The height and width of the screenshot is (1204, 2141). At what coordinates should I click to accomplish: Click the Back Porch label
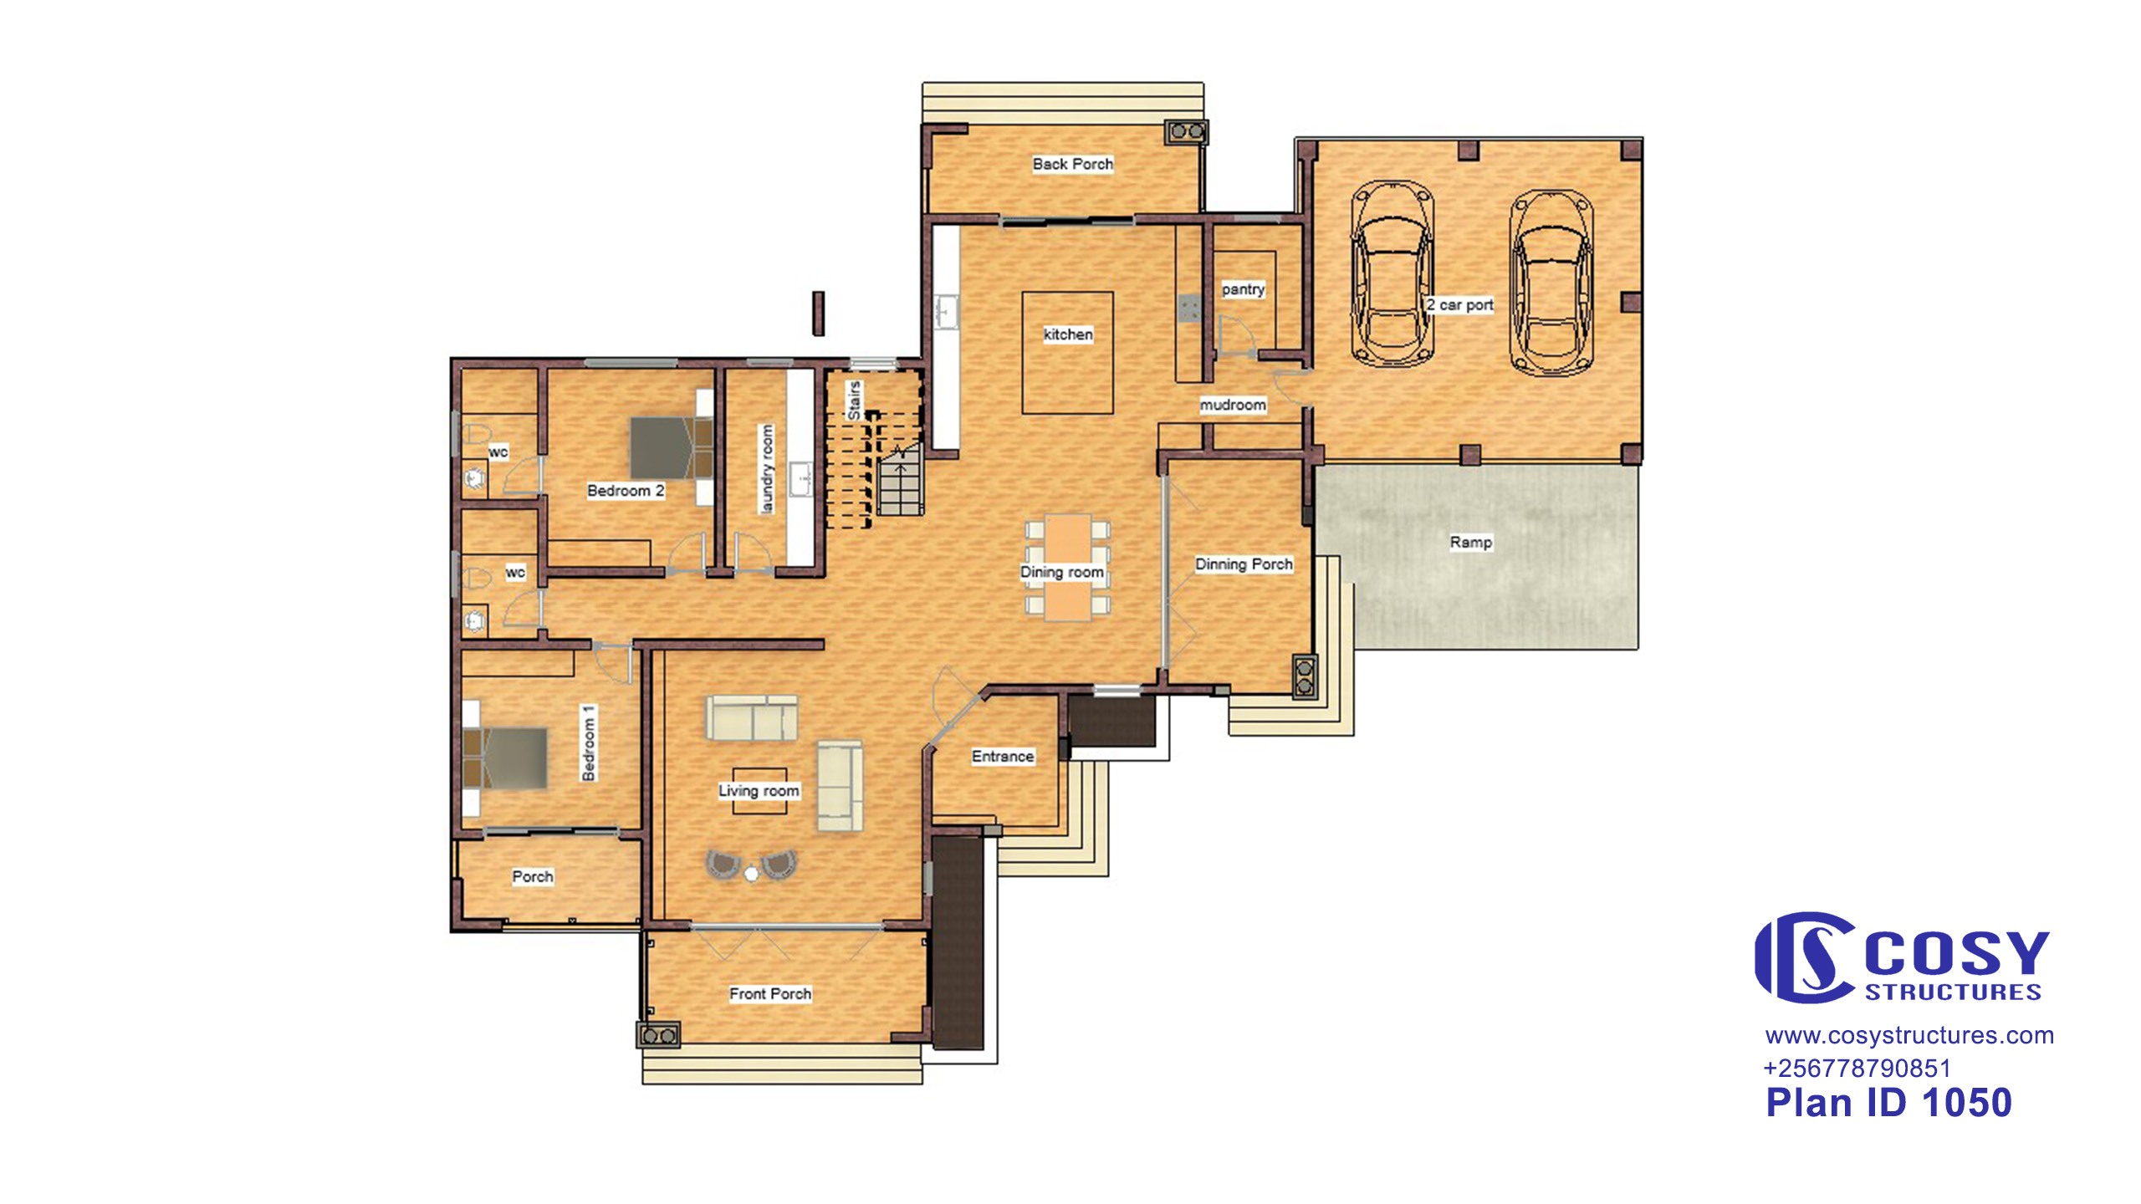coord(1072,164)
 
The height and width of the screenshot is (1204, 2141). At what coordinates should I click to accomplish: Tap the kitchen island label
coord(1068,334)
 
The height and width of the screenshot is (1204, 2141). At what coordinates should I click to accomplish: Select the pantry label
coord(1243,289)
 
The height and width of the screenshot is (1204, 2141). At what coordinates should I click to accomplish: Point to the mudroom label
coord(1233,405)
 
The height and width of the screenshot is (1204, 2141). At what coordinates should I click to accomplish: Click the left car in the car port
coord(1392,274)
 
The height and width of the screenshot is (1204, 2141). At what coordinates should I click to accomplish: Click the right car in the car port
coord(1551,282)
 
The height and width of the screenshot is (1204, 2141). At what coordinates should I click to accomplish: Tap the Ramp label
coord(1471,543)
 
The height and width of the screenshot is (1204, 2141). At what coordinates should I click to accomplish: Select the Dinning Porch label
coord(1244,564)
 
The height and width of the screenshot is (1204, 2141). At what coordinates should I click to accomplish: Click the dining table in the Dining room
coord(1068,567)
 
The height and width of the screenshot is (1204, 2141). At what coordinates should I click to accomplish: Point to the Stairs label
coord(854,400)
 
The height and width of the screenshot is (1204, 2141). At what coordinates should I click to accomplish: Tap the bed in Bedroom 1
coord(505,758)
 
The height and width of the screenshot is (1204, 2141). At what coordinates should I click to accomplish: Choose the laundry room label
coord(767,468)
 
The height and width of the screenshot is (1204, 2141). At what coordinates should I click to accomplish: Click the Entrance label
coord(1003,757)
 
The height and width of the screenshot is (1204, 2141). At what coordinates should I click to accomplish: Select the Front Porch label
coord(770,994)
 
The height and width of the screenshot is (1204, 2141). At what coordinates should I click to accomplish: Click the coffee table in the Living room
coord(759,791)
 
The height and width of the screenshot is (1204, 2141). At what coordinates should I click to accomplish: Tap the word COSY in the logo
coord(1957,953)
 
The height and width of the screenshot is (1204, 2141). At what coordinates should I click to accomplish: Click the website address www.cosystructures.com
coord(1909,1036)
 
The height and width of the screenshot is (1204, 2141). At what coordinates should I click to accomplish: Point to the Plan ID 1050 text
coord(1888,1103)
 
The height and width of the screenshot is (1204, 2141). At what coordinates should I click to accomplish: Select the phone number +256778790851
coord(1857,1069)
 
